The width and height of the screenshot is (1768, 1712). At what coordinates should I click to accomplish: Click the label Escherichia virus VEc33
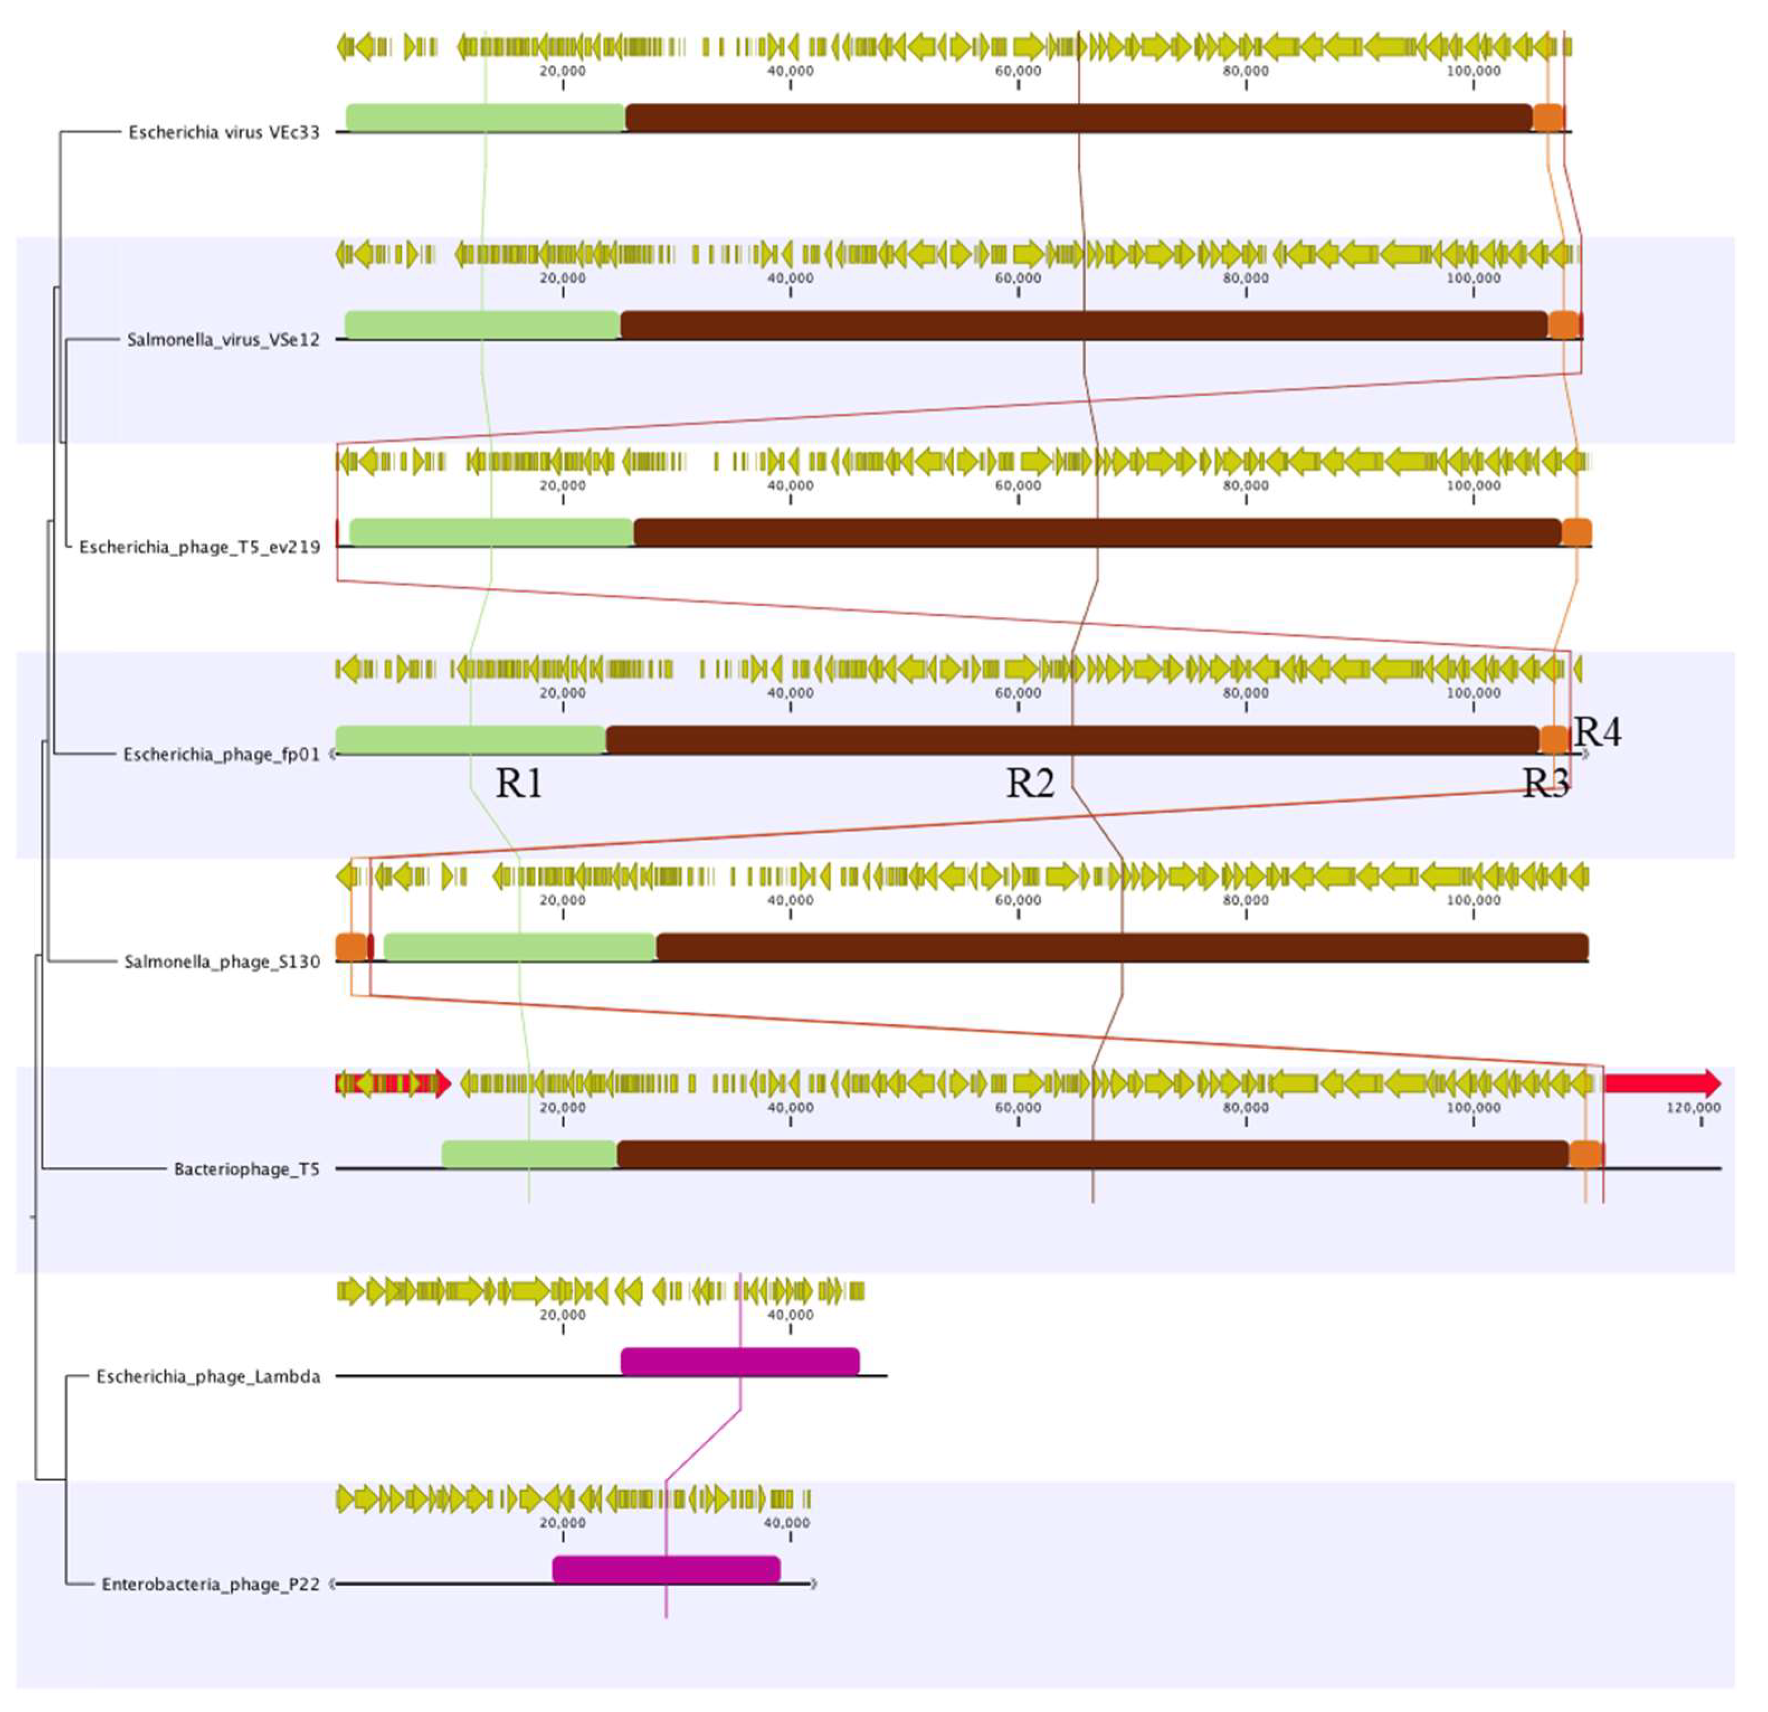pyautogui.click(x=224, y=132)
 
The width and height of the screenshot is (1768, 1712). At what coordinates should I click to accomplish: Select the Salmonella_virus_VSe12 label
pyautogui.click(x=223, y=340)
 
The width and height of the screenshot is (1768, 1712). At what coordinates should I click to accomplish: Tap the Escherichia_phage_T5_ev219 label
pyautogui.click(x=199, y=548)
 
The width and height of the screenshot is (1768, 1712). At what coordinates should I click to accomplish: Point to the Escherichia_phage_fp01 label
pyautogui.click(x=221, y=755)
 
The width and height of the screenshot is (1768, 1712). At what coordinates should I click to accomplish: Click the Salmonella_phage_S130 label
pyautogui.click(x=222, y=962)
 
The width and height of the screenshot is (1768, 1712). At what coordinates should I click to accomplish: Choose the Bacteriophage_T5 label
pyautogui.click(x=246, y=1170)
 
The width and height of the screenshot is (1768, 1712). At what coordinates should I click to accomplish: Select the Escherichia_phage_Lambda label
pyautogui.click(x=208, y=1377)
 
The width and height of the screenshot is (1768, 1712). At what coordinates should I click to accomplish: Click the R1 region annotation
pyautogui.click(x=519, y=784)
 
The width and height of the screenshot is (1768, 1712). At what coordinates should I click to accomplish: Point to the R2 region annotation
pyautogui.click(x=1030, y=784)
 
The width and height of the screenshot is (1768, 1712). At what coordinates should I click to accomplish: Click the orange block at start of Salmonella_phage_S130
pyautogui.click(x=351, y=947)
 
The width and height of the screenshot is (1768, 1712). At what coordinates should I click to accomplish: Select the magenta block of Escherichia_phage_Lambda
pyautogui.click(x=740, y=1362)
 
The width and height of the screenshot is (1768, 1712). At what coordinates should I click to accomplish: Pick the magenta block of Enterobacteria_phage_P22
pyautogui.click(x=666, y=1570)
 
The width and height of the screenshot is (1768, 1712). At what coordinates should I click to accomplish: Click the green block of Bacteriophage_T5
pyautogui.click(x=530, y=1154)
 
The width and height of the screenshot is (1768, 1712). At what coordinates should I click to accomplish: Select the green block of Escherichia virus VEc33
pyautogui.click(x=485, y=117)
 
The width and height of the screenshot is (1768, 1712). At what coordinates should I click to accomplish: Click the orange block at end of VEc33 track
pyautogui.click(x=1548, y=117)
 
